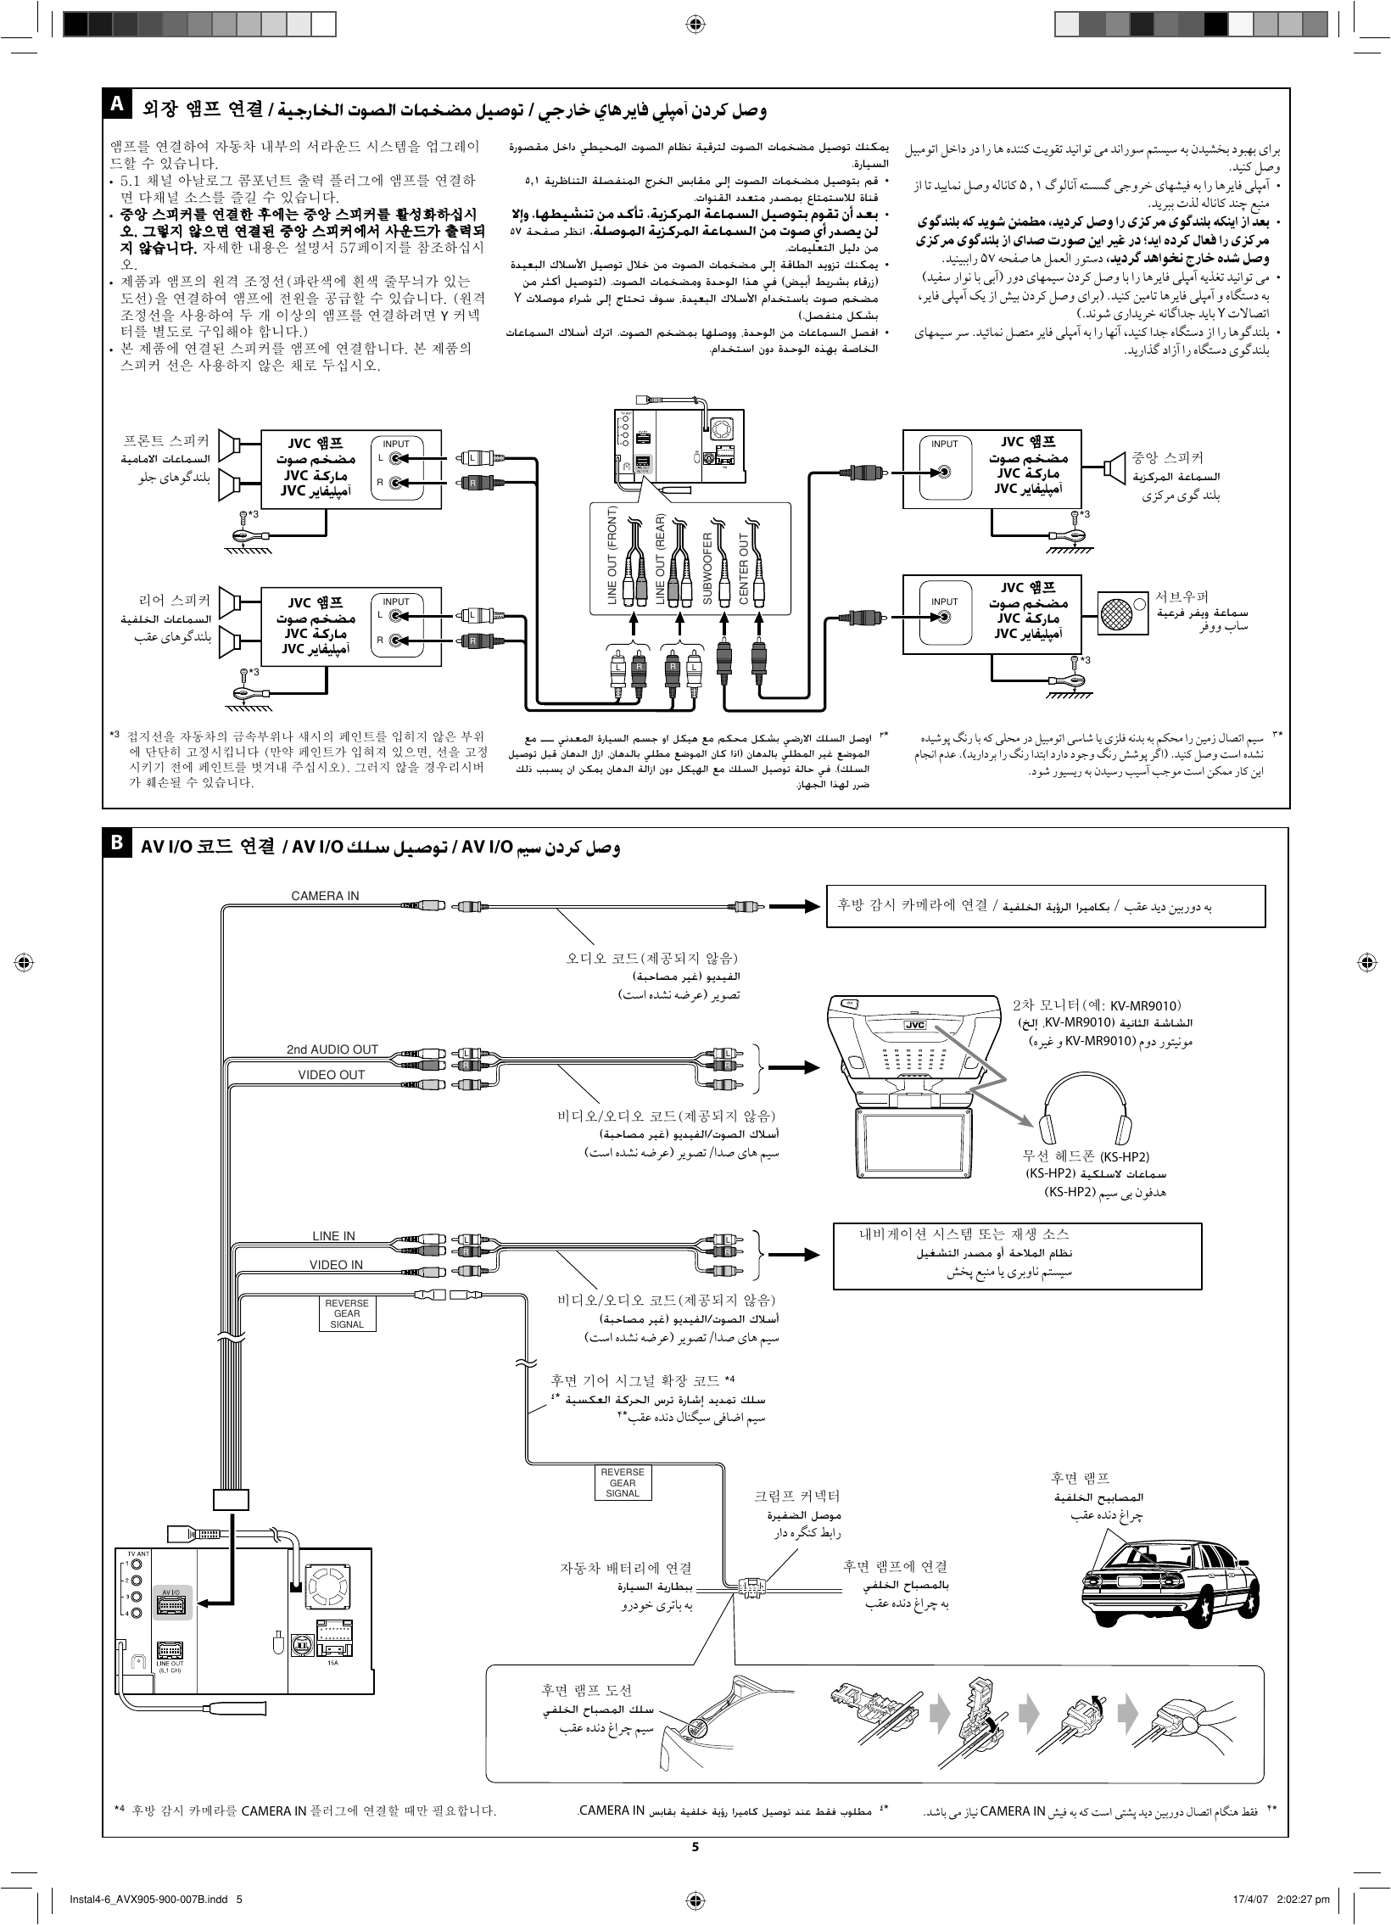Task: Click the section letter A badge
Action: (x=116, y=105)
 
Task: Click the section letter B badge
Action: (x=116, y=843)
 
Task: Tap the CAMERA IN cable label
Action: (x=324, y=895)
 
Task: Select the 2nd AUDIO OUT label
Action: (x=332, y=1049)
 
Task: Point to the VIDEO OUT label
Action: (x=331, y=1075)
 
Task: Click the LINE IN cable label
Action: (x=333, y=1236)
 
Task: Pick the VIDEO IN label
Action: (x=335, y=1265)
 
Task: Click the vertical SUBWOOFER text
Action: (x=707, y=568)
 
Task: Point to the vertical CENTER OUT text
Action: (x=744, y=568)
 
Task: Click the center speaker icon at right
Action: (x=1115, y=466)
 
